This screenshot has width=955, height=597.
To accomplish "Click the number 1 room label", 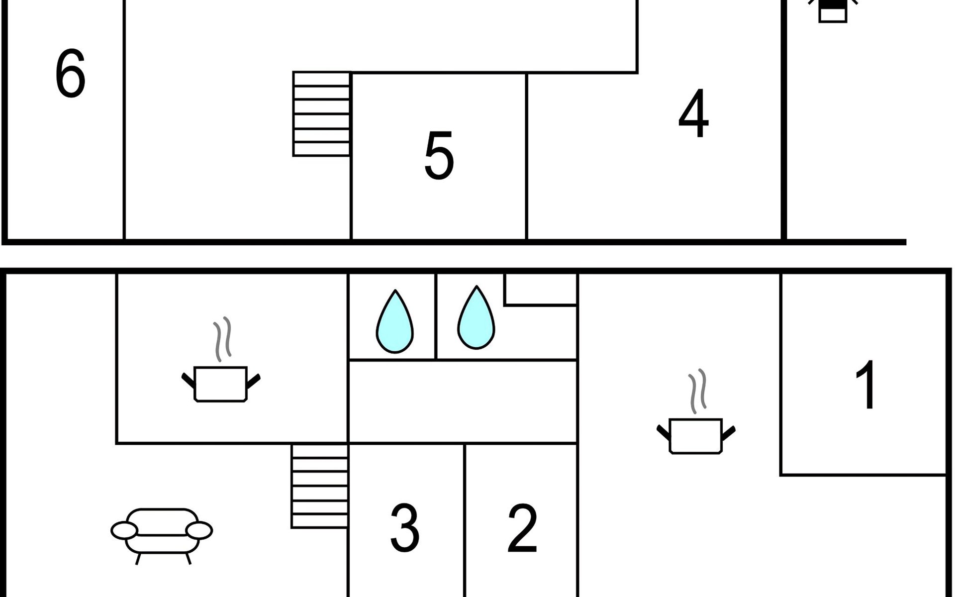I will (866, 385).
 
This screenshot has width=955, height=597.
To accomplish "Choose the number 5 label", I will (439, 156).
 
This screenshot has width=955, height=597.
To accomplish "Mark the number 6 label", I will (70, 74).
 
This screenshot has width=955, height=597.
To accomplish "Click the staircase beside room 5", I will (322, 114).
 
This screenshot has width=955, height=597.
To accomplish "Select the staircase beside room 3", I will (320, 486).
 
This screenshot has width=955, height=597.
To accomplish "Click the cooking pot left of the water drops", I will (220, 384).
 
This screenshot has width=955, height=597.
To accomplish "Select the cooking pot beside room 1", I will (696, 436).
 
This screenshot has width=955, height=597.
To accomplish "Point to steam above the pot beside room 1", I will (697, 391).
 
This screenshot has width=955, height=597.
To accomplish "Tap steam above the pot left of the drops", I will (222, 339).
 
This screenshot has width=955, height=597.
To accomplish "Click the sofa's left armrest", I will (124, 530).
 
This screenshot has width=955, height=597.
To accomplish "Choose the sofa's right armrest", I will (199, 530).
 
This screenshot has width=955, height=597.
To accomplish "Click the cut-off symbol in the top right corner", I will (833, 11).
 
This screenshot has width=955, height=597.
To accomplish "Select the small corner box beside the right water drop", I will (541, 289).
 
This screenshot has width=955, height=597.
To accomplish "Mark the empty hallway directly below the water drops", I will (463, 401).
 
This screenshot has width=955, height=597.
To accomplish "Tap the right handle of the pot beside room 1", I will (728, 433).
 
